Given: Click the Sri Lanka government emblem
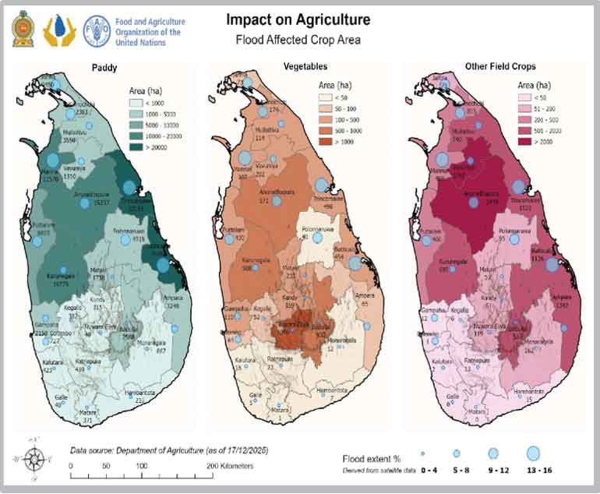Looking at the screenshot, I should click(x=23, y=27).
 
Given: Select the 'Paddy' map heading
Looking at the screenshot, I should click(x=104, y=68).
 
